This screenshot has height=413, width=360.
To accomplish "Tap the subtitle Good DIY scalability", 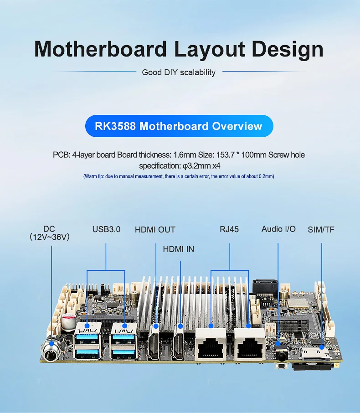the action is pyautogui.click(x=179, y=72).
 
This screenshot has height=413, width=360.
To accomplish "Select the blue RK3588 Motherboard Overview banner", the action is pyautogui.click(x=179, y=126).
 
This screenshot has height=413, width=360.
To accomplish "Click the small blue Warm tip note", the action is pyautogui.click(x=179, y=176).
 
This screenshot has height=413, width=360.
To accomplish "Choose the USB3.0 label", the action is pyautogui.click(x=106, y=229).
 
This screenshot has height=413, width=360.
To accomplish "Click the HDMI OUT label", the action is pyautogui.click(x=155, y=230).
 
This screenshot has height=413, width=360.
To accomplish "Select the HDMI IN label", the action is pyautogui.click(x=179, y=249).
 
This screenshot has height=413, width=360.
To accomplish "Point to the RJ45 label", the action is pyautogui.click(x=229, y=229).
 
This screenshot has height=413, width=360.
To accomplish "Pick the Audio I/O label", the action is pyautogui.click(x=278, y=229).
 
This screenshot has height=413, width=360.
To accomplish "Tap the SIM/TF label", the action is pyautogui.click(x=321, y=229).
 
